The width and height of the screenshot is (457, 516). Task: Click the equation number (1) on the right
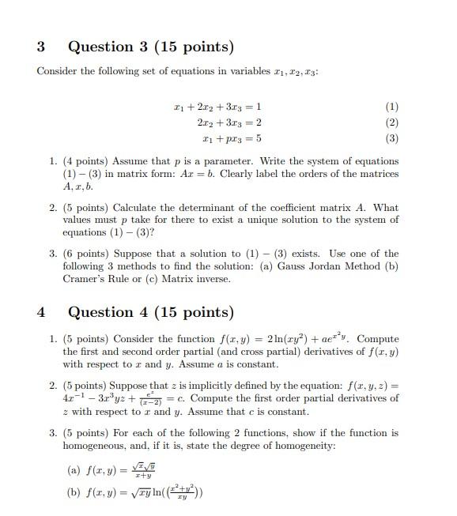coord(392,107)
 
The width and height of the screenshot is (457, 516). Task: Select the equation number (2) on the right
coord(392,122)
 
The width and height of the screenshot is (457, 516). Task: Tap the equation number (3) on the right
coord(392,138)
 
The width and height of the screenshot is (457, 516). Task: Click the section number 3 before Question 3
coord(41,47)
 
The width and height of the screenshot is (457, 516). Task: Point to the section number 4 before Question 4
coord(41,312)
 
